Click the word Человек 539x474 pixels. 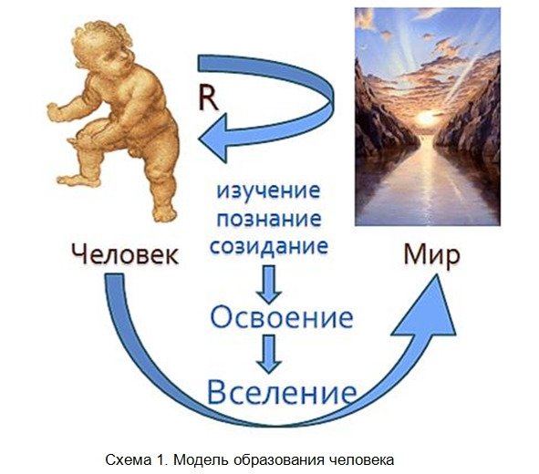point(125,254)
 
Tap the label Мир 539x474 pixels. point(431,256)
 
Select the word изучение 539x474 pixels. point(268,191)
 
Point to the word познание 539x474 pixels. point(269,219)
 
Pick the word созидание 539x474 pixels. point(269,246)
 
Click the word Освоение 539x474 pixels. point(282,317)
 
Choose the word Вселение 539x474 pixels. point(282,392)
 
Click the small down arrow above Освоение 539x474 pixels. point(269,284)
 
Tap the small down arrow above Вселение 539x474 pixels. point(269,354)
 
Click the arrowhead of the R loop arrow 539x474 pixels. point(213,138)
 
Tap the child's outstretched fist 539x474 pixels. point(54,112)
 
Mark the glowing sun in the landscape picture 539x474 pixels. point(426,118)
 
